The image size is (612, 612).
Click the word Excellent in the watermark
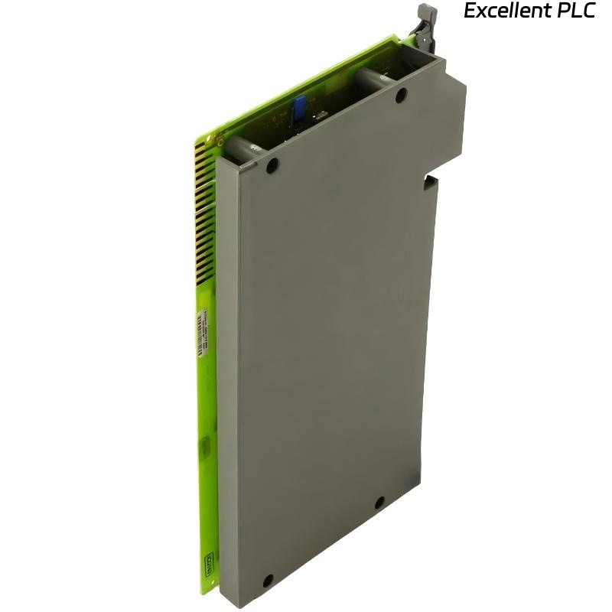(x=507, y=12)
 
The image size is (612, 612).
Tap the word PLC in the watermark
(x=576, y=12)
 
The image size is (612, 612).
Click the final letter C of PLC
(x=589, y=12)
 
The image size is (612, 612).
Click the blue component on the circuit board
(x=298, y=109)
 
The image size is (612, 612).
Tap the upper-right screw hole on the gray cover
(x=400, y=96)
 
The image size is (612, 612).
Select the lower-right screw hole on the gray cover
(x=379, y=503)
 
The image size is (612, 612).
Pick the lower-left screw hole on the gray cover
(x=267, y=580)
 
